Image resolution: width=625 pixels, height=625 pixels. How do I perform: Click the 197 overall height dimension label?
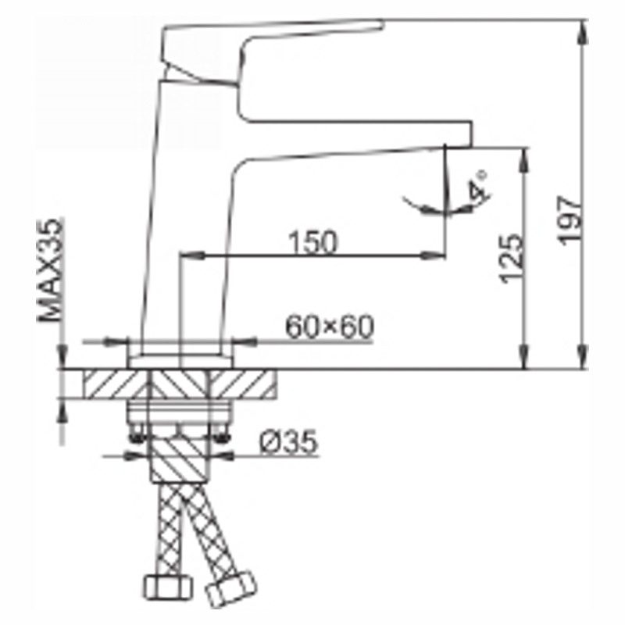click(x=570, y=220)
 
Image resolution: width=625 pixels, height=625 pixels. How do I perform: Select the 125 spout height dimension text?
click(x=512, y=259)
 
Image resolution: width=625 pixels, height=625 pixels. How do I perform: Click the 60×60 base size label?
click(x=330, y=327)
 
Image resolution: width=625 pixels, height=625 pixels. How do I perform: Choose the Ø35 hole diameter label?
click(x=289, y=441)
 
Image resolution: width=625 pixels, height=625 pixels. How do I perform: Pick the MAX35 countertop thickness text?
click(x=50, y=270)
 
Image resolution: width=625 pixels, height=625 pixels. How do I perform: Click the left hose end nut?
click(x=167, y=587)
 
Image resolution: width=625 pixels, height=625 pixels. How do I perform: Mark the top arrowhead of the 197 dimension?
click(x=583, y=32)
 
